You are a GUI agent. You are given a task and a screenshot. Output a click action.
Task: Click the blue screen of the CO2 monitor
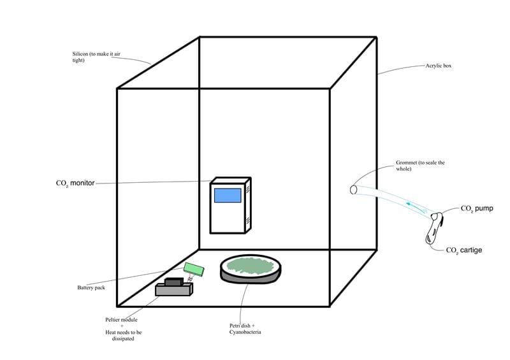tap(227, 196)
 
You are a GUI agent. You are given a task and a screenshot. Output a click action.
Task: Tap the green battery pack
tap(193, 270)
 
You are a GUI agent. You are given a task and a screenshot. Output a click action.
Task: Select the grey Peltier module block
tap(173, 291)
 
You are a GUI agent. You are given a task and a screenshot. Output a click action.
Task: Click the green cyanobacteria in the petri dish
tap(250, 266)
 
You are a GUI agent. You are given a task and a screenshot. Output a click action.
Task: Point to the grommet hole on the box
tap(354, 189)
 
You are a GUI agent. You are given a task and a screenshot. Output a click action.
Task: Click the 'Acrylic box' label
tap(439, 66)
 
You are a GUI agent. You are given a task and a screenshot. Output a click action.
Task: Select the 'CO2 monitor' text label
tap(75, 184)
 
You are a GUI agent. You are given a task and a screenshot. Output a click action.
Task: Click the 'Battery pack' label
tap(91, 287)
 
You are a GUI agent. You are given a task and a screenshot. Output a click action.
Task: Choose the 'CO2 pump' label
tap(477, 208)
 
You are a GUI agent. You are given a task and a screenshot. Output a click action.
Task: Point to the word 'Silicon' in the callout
tap(81, 54)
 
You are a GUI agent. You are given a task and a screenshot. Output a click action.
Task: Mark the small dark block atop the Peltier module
tap(173, 281)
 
